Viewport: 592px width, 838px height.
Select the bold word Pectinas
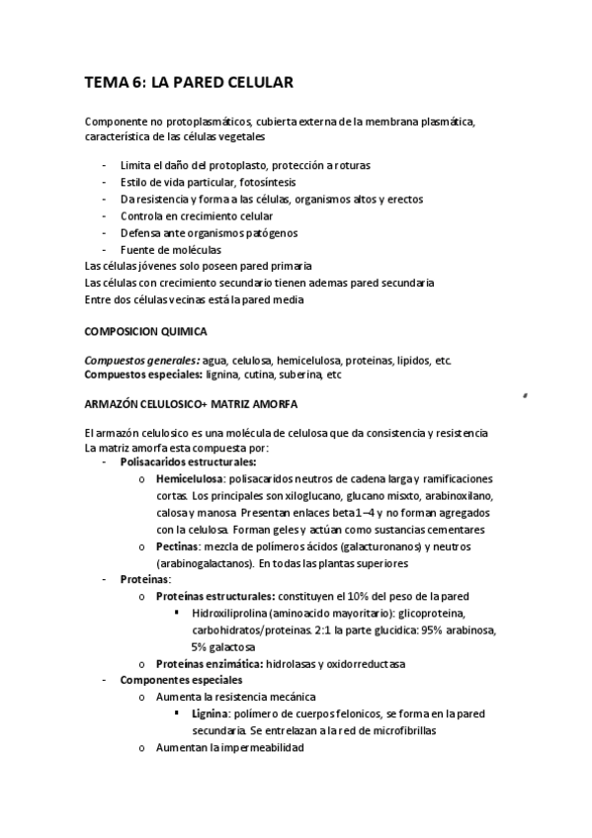(178, 545)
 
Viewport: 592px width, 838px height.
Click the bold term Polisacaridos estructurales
(188, 461)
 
